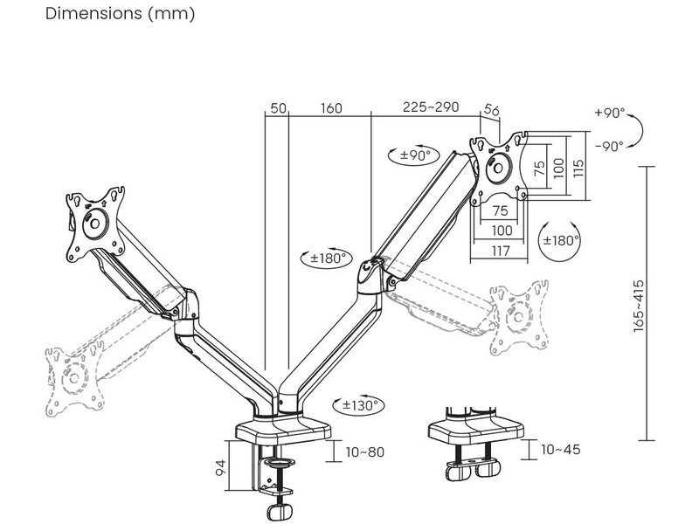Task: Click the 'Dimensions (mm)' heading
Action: [120, 14]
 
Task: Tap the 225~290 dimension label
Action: [431, 107]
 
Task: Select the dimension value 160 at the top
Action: [331, 108]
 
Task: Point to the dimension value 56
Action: [491, 110]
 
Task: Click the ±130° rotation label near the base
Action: [359, 405]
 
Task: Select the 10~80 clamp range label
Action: [365, 452]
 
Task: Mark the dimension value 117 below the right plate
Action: [500, 252]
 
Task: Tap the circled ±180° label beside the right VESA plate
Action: [560, 240]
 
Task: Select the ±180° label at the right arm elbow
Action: [329, 258]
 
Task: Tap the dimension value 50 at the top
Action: [278, 108]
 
